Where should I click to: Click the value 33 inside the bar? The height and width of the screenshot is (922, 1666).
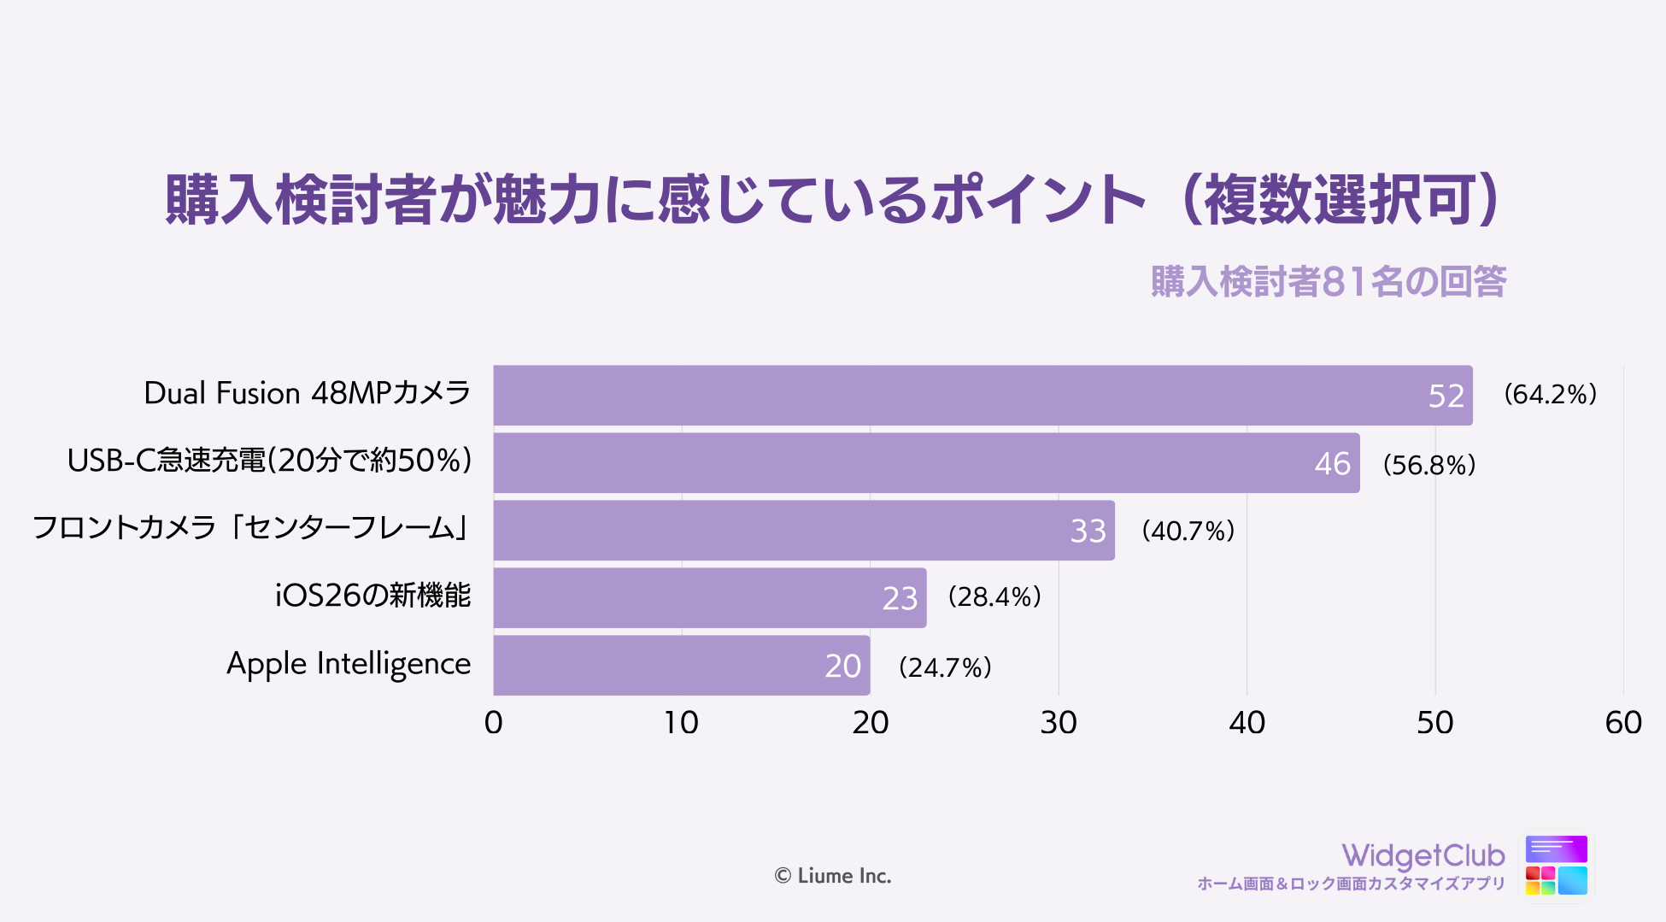click(1088, 531)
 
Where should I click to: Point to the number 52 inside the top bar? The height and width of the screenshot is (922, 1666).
click(1446, 396)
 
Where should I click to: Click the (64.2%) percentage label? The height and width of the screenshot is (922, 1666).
click(1550, 394)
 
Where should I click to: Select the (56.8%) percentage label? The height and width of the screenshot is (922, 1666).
click(1429, 465)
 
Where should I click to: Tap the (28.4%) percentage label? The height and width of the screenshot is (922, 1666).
click(994, 596)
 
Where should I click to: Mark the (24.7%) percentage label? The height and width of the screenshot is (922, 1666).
click(945, 667)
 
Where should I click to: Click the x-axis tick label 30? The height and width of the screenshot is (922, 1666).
click(1059, 723)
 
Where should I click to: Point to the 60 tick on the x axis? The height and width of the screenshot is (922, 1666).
click(1622, 723)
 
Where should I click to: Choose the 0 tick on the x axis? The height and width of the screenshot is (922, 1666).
click(493, 723)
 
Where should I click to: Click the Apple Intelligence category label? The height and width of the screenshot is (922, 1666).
click(349, 664)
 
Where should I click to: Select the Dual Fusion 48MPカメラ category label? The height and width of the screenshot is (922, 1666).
click(308, 393)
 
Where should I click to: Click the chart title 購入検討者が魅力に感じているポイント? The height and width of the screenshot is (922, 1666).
click(833, 200)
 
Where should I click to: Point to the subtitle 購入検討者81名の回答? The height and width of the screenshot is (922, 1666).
click(1328, 281)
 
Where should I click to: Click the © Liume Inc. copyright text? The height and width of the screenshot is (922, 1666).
click(832, 876)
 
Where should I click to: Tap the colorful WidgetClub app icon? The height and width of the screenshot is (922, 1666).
click(1556, 866)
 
